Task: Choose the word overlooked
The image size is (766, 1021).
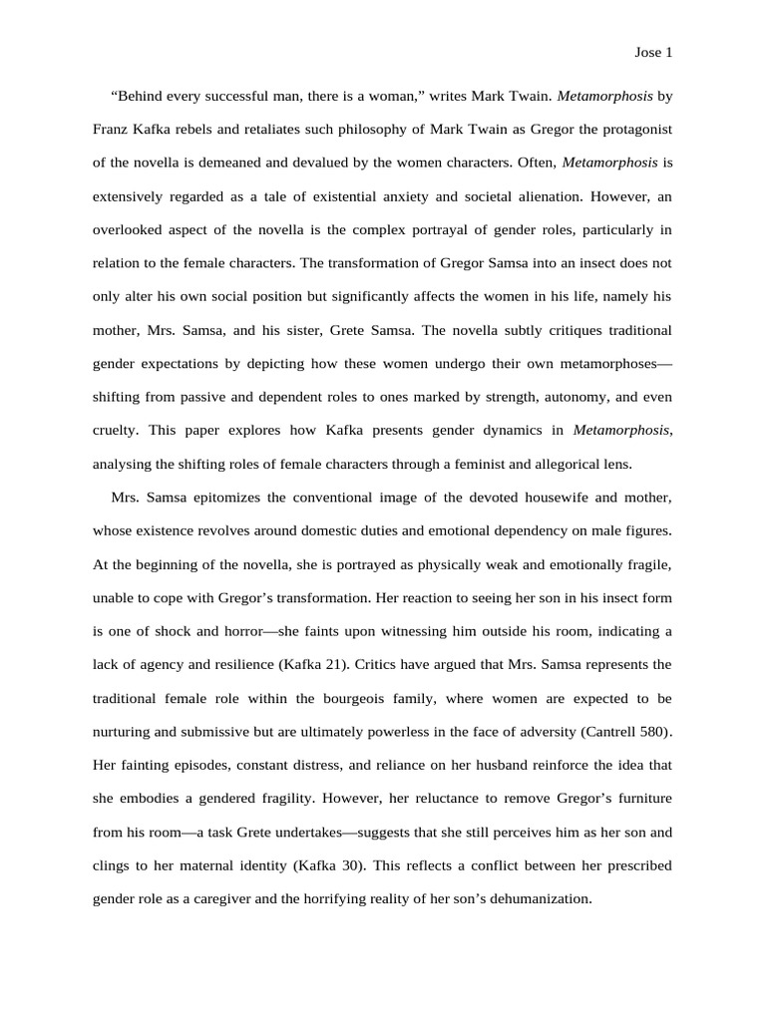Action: tap(130, 229)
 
